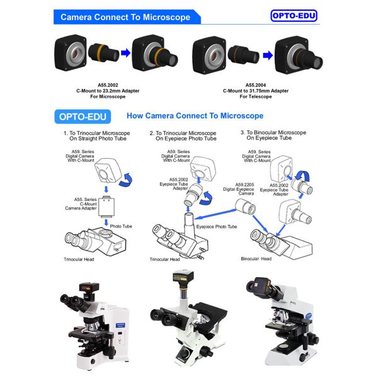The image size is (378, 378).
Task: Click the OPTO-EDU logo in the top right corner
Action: pos(294,16)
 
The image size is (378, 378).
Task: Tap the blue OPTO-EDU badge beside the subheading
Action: pos(83,117)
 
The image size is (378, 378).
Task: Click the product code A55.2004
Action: pos(256,85)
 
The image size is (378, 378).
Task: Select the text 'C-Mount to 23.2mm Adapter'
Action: pos(108,91)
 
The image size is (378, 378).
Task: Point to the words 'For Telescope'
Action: pos(256,96)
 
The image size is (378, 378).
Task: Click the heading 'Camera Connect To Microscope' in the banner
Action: pos(125,17)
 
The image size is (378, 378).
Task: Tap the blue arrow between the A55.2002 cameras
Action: pos(125,53)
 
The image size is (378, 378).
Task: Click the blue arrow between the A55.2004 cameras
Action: pos(268,55)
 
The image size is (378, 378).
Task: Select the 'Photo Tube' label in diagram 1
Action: pos(121,226)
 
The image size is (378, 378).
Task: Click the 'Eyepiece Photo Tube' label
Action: pos(217,227)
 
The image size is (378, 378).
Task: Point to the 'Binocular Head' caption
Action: pos(256,259)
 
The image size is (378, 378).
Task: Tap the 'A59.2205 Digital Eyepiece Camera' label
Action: pos(239,189)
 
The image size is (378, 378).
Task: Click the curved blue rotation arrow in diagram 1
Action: pos(126,180)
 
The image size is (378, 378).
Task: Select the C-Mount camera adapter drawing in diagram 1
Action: pos(106,207)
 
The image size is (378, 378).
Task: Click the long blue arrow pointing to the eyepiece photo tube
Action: pos(215,214)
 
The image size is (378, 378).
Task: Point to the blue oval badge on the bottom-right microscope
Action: pos(308,316)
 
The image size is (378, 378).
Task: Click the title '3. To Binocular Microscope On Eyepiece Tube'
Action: pos(273,135)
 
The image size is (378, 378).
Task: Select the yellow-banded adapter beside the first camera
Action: pos(104,52)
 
